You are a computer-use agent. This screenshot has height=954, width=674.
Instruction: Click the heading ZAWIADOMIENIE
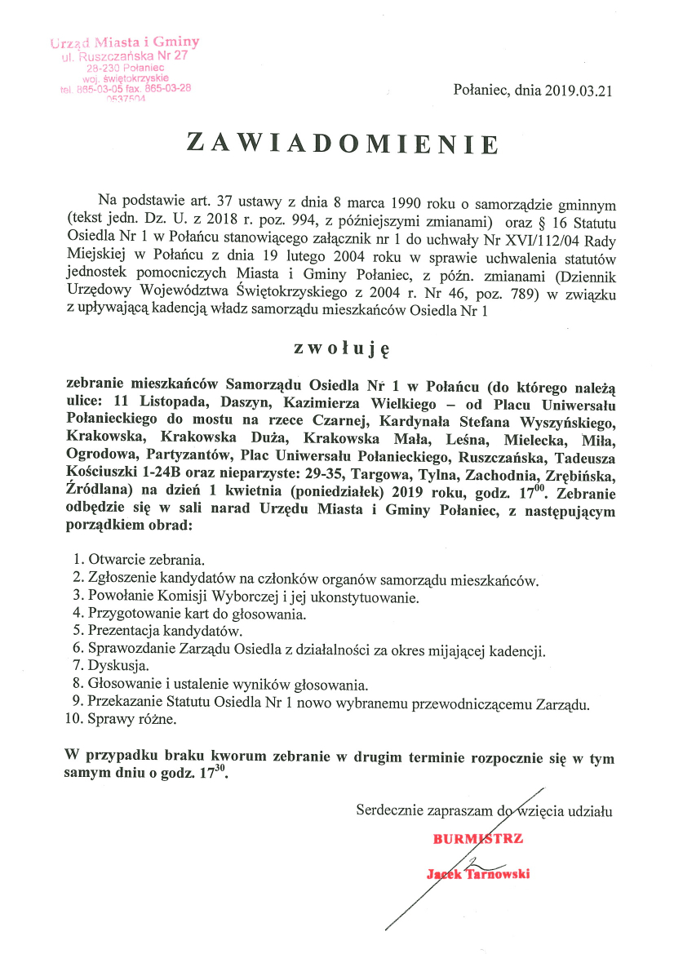tap(342, 143)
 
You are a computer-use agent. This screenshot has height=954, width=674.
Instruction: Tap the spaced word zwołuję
tap(343, 348)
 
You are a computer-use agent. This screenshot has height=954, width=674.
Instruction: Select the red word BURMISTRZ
tap(477, 838)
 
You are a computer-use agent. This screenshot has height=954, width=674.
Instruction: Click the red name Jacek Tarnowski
tap(478, 874)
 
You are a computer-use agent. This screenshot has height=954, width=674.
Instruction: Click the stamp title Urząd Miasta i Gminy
tap(124, 42)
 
